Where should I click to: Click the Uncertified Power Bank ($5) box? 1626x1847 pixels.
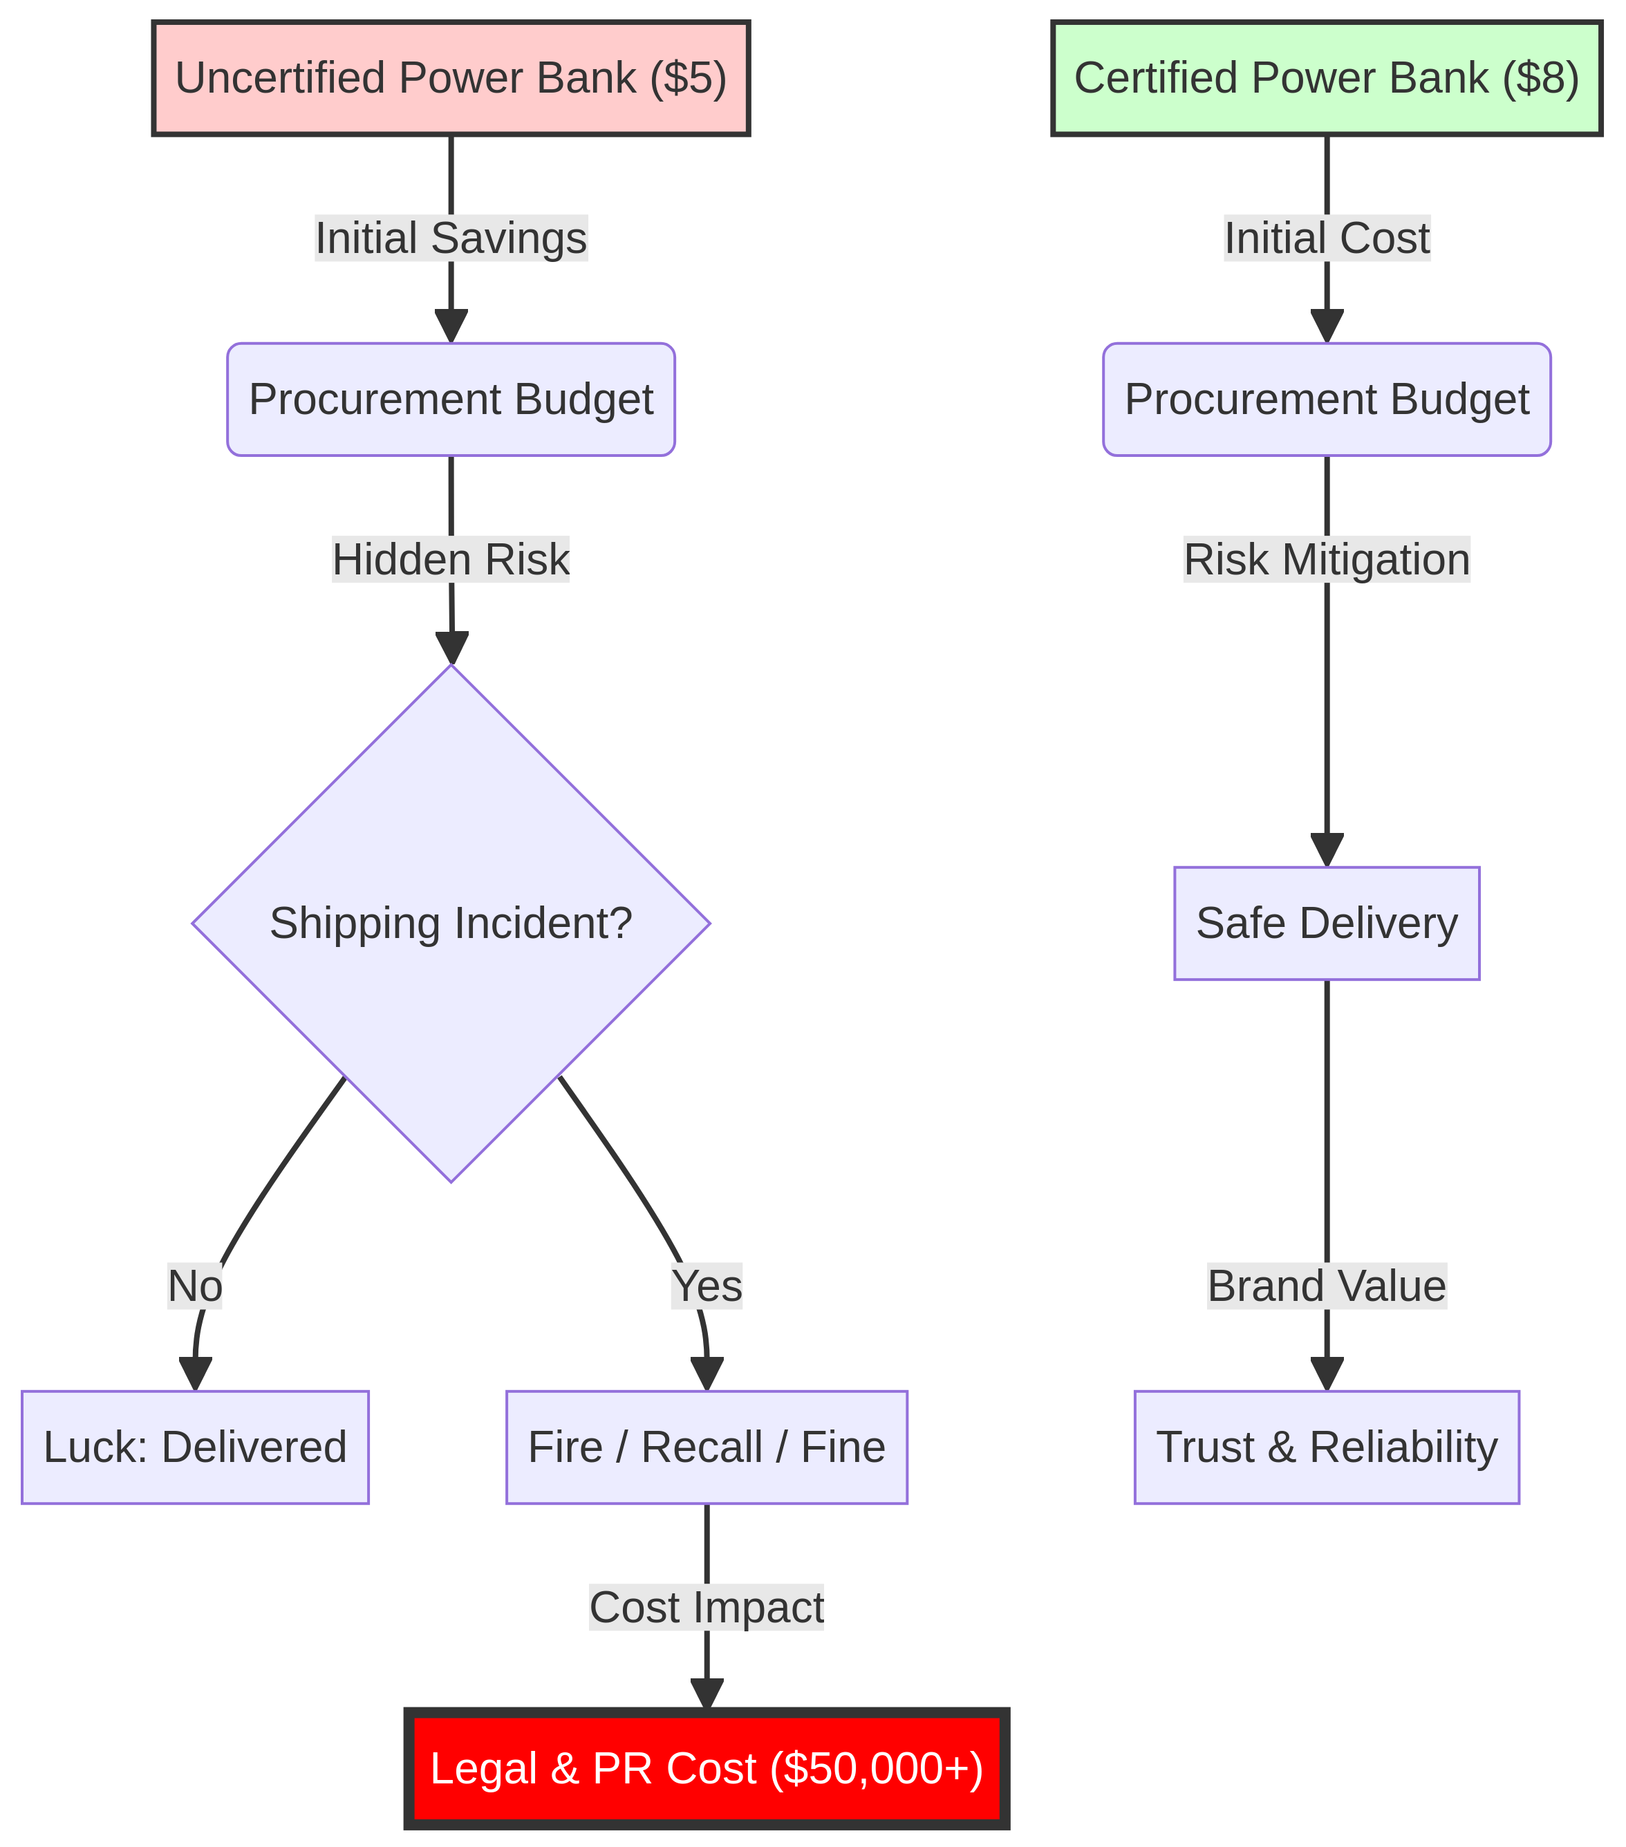(451, 79)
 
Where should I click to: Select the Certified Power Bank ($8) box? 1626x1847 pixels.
(1326, 79)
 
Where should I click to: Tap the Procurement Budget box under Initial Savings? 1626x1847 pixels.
(451, 400)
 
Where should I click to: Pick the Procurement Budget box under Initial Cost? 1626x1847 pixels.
(1326, 400)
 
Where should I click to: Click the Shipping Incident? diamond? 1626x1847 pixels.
(451, 923)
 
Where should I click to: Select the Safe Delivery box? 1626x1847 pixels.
(1326, 923)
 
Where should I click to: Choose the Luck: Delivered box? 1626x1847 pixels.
(195, 1447)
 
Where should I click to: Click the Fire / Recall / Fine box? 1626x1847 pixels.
(706, 1447)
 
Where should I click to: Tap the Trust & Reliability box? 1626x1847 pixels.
(1326, 1447)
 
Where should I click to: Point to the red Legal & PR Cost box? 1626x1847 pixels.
(706, 1768)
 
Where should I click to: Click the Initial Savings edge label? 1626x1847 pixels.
(451, 238)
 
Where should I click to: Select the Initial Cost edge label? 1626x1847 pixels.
(1326, 238)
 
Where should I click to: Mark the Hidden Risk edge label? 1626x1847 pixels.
(451, 559)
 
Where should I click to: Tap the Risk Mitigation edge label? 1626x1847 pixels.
(1326, 559)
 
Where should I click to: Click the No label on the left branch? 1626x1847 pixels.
(195, 1286)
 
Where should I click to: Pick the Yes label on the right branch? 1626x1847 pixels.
(706, 1286)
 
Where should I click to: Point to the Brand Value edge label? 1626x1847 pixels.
(1326, 1286)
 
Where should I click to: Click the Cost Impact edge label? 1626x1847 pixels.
(706, 1608)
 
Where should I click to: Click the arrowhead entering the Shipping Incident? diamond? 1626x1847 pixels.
(451, 649)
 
